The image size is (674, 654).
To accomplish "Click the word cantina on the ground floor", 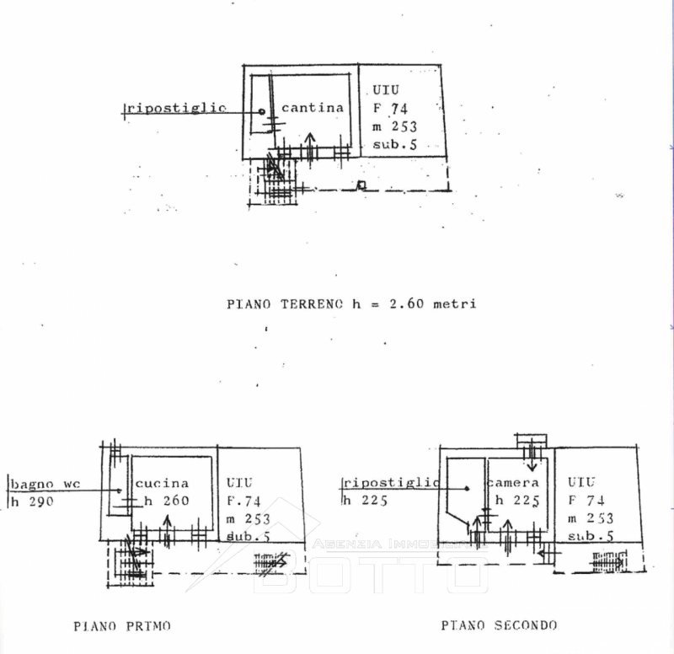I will click(x=313, y=108).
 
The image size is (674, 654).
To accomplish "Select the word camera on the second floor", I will click(x=513, y=483).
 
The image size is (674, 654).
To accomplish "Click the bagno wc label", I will click(x=43, y=485).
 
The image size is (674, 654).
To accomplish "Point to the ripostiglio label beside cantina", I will click(x=176, y=107).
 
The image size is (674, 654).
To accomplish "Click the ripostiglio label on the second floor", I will click(x=391, y=483).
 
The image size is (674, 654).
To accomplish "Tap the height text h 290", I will click(x=33, y=501).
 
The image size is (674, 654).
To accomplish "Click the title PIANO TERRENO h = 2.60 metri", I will click(x=351, y=303).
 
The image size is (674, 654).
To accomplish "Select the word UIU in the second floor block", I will click(x=581, y=483).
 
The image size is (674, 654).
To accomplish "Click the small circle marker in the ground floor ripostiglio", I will click(x=262, y=111).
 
